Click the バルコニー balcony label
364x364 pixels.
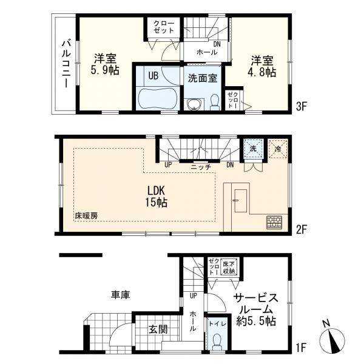(x=66, y=64)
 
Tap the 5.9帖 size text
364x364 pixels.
(x=105, y=70)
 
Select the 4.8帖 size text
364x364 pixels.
(x=262, y=72)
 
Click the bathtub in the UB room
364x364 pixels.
(x=157, y=98)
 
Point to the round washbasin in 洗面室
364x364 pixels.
(x=194, y=104)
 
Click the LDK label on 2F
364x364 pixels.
(x=157, y=191)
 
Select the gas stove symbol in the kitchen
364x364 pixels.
(x=274, y=222)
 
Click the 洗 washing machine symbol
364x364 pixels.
(x=253, y=149)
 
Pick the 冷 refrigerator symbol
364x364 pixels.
(x=278, y=149)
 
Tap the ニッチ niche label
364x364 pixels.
(x=201, y=167)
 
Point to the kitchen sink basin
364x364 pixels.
(x=240, y=201)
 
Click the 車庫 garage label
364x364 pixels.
(x=120, y=295)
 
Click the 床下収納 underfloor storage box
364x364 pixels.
(x=229, y=267)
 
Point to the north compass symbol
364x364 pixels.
(x=332, y=340)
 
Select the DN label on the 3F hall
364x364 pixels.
(x=217, y=44)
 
